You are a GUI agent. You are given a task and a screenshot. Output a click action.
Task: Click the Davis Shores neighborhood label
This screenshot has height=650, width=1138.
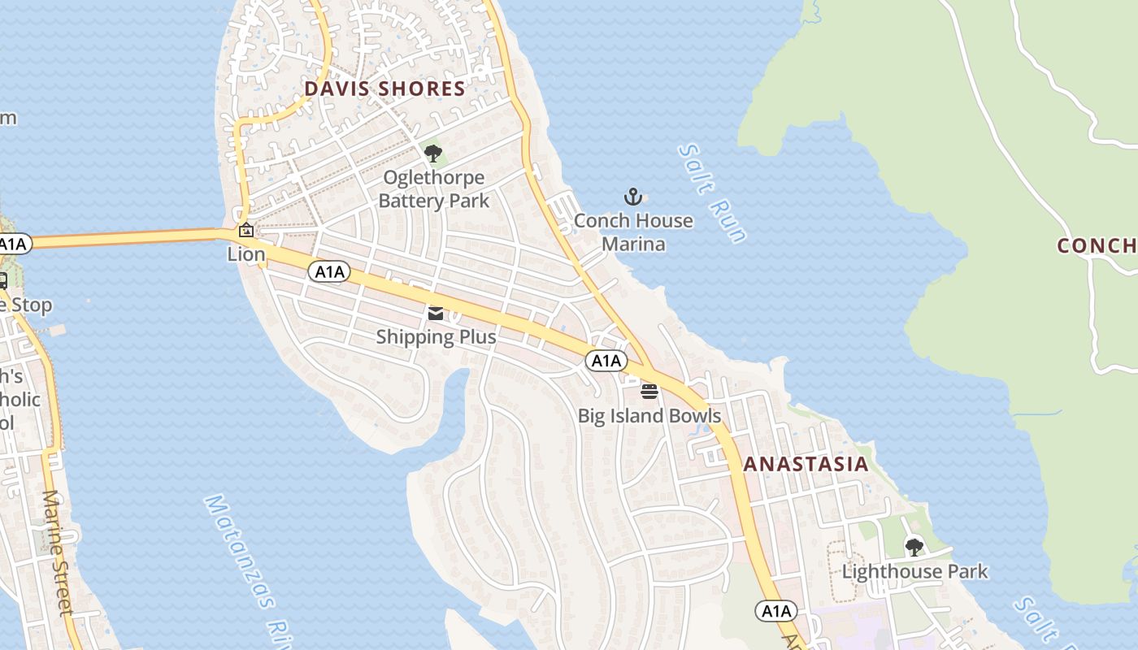pos(384,89)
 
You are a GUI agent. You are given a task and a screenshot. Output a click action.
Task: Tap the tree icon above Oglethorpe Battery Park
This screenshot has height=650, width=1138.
pos(433,153)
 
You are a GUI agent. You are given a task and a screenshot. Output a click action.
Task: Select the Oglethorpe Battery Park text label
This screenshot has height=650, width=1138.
pos(434,188)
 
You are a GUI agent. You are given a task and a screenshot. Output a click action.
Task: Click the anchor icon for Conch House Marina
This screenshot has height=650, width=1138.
pos(632,197)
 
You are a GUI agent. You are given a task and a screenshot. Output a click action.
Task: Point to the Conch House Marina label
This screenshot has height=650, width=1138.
pos(633,232)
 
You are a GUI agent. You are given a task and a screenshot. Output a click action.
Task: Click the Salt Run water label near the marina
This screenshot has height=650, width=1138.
pos(713,193)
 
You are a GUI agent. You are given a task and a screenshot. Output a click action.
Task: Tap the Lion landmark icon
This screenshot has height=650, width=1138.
pos(245,231)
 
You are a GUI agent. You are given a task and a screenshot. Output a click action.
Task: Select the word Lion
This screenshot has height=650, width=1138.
pos(246,254)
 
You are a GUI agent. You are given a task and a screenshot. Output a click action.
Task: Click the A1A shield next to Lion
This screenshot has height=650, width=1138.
pos(329,271)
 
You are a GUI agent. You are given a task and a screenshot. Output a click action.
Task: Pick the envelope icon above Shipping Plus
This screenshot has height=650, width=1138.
pos(436,314)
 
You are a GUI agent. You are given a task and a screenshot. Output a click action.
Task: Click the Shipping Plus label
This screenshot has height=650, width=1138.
pos(436,336)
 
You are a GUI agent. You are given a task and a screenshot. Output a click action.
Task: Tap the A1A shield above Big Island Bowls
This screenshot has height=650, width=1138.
pos(606,361)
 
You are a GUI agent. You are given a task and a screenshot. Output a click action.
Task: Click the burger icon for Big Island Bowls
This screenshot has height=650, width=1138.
pos(649,392)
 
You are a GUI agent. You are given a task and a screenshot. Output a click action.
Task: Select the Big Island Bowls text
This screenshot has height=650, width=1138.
pos(649,416)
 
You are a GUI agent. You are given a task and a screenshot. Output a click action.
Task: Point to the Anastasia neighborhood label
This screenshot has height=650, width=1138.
pos(806,465)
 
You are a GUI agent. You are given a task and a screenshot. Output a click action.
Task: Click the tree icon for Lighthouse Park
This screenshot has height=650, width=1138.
pos(914,548)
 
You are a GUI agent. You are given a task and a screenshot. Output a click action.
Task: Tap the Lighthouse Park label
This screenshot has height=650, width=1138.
pos(914,571)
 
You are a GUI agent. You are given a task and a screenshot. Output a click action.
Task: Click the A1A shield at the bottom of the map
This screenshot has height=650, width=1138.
pos(775,611)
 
